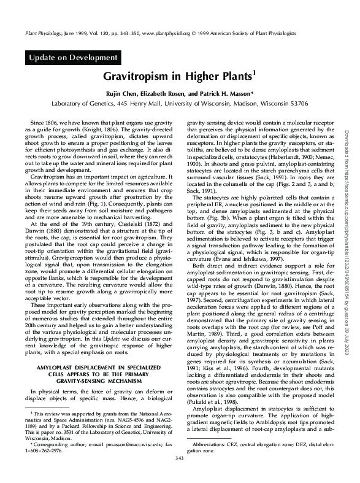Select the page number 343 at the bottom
coord(180,474)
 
